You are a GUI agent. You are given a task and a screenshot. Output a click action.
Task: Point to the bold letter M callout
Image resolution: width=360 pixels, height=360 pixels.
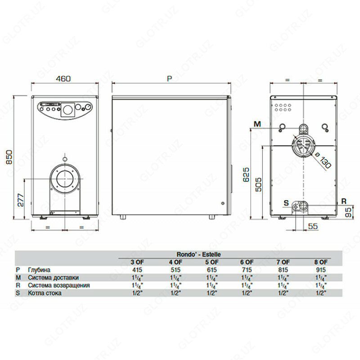pyautogui.click(x=256, y=124)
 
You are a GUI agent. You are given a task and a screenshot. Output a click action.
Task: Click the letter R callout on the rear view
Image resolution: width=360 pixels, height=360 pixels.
pyautogui.click(x=343, y=201)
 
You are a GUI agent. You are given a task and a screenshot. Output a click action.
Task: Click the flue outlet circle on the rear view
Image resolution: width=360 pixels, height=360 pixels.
pyautogui.click(x=302, y=147)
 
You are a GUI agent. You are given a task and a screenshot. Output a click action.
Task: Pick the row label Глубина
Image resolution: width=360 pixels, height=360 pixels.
pyautogui.click(x=38, y=269)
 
